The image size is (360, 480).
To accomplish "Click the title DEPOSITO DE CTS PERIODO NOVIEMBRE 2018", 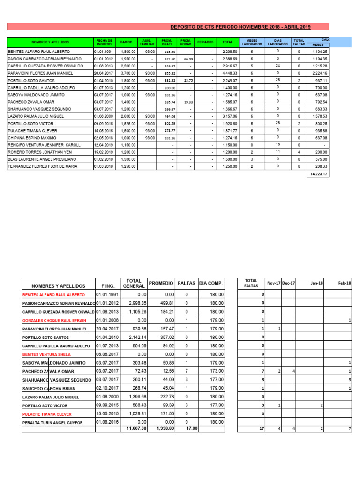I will coord(240,27).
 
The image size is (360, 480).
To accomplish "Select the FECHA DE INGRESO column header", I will coord(104,42).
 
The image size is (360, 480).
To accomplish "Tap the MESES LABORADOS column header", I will coord(252,42).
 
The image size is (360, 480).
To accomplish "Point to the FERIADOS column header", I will coord(205,42).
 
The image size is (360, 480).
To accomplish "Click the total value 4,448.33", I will coord(230,73).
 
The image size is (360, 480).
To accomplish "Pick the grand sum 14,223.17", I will coord(317,174).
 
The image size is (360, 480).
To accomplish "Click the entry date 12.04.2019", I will coord(104,145).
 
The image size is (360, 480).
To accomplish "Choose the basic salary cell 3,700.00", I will coord(127,73).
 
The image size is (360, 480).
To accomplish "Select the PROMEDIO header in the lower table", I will coord(161,284).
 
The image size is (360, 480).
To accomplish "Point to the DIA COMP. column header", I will coord(211,284).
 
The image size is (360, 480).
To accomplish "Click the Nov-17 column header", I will coord(273,283).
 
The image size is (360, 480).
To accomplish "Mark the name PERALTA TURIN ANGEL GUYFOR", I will coord(52,423).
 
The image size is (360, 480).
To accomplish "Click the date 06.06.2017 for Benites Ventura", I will coord(106,354).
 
